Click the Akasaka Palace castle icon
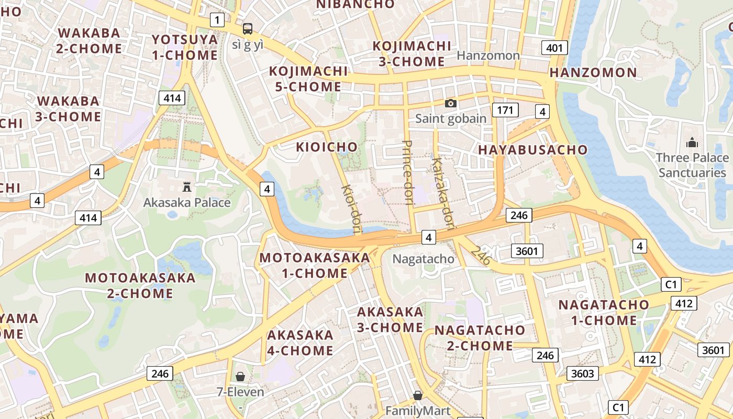coord(187,186)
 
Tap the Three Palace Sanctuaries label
coord(692,165)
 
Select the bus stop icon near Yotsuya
coord(247,28)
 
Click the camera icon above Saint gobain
coord(450,103)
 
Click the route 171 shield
coord(505,110)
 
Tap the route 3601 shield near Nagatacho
coord(527,251)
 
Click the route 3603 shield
coord(582,373)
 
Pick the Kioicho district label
coord(327,147)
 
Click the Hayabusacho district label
coord(532,150)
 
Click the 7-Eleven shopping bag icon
coord(240,376)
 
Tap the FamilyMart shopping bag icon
coord(417,395)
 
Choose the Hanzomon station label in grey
coord(488,56)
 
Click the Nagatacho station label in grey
coord(423,259)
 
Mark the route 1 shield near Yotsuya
coord(217,20)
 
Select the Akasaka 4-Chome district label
coord(300,343)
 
